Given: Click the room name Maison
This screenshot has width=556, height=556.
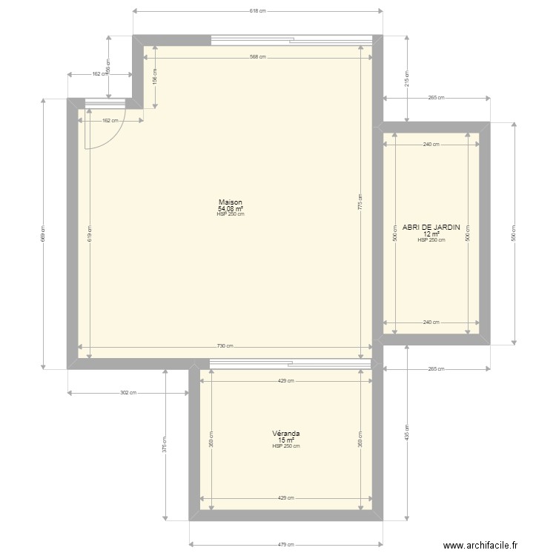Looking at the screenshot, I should pyautogui.click(x=230, y=202).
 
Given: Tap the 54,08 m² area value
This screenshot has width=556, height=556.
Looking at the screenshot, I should pyautogui.click(x=230, y=208).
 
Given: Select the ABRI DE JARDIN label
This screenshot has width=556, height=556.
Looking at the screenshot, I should pyautogui.click(x=431, y=228).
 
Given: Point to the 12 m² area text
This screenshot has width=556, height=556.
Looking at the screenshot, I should pyautogui.click(x=431, y=234).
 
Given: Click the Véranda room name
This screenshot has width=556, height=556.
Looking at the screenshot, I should pyautogui.click(x=285, y=434).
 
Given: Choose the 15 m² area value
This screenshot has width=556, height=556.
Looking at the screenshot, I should pyautogui.click(x=285, y=440).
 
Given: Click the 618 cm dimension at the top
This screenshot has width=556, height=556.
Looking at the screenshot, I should pyautogui.click(x=257, y=11).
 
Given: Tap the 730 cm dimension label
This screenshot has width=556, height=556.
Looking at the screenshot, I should pyautogui.click(x=226, y=346).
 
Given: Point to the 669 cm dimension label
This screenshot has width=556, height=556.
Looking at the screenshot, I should pyautogui.click(x=43, y=234).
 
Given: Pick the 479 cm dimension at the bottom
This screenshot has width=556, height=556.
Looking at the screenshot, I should pyautogui.click(x=286, y=545).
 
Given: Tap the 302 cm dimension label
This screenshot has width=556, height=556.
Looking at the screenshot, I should pyautogui.click(x=128, y=393).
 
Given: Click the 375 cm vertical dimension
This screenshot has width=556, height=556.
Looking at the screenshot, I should pyautogui.click(x=165, y=443).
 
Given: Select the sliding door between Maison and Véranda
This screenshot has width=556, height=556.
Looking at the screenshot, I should pyautogui.click(x=290, y=363).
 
